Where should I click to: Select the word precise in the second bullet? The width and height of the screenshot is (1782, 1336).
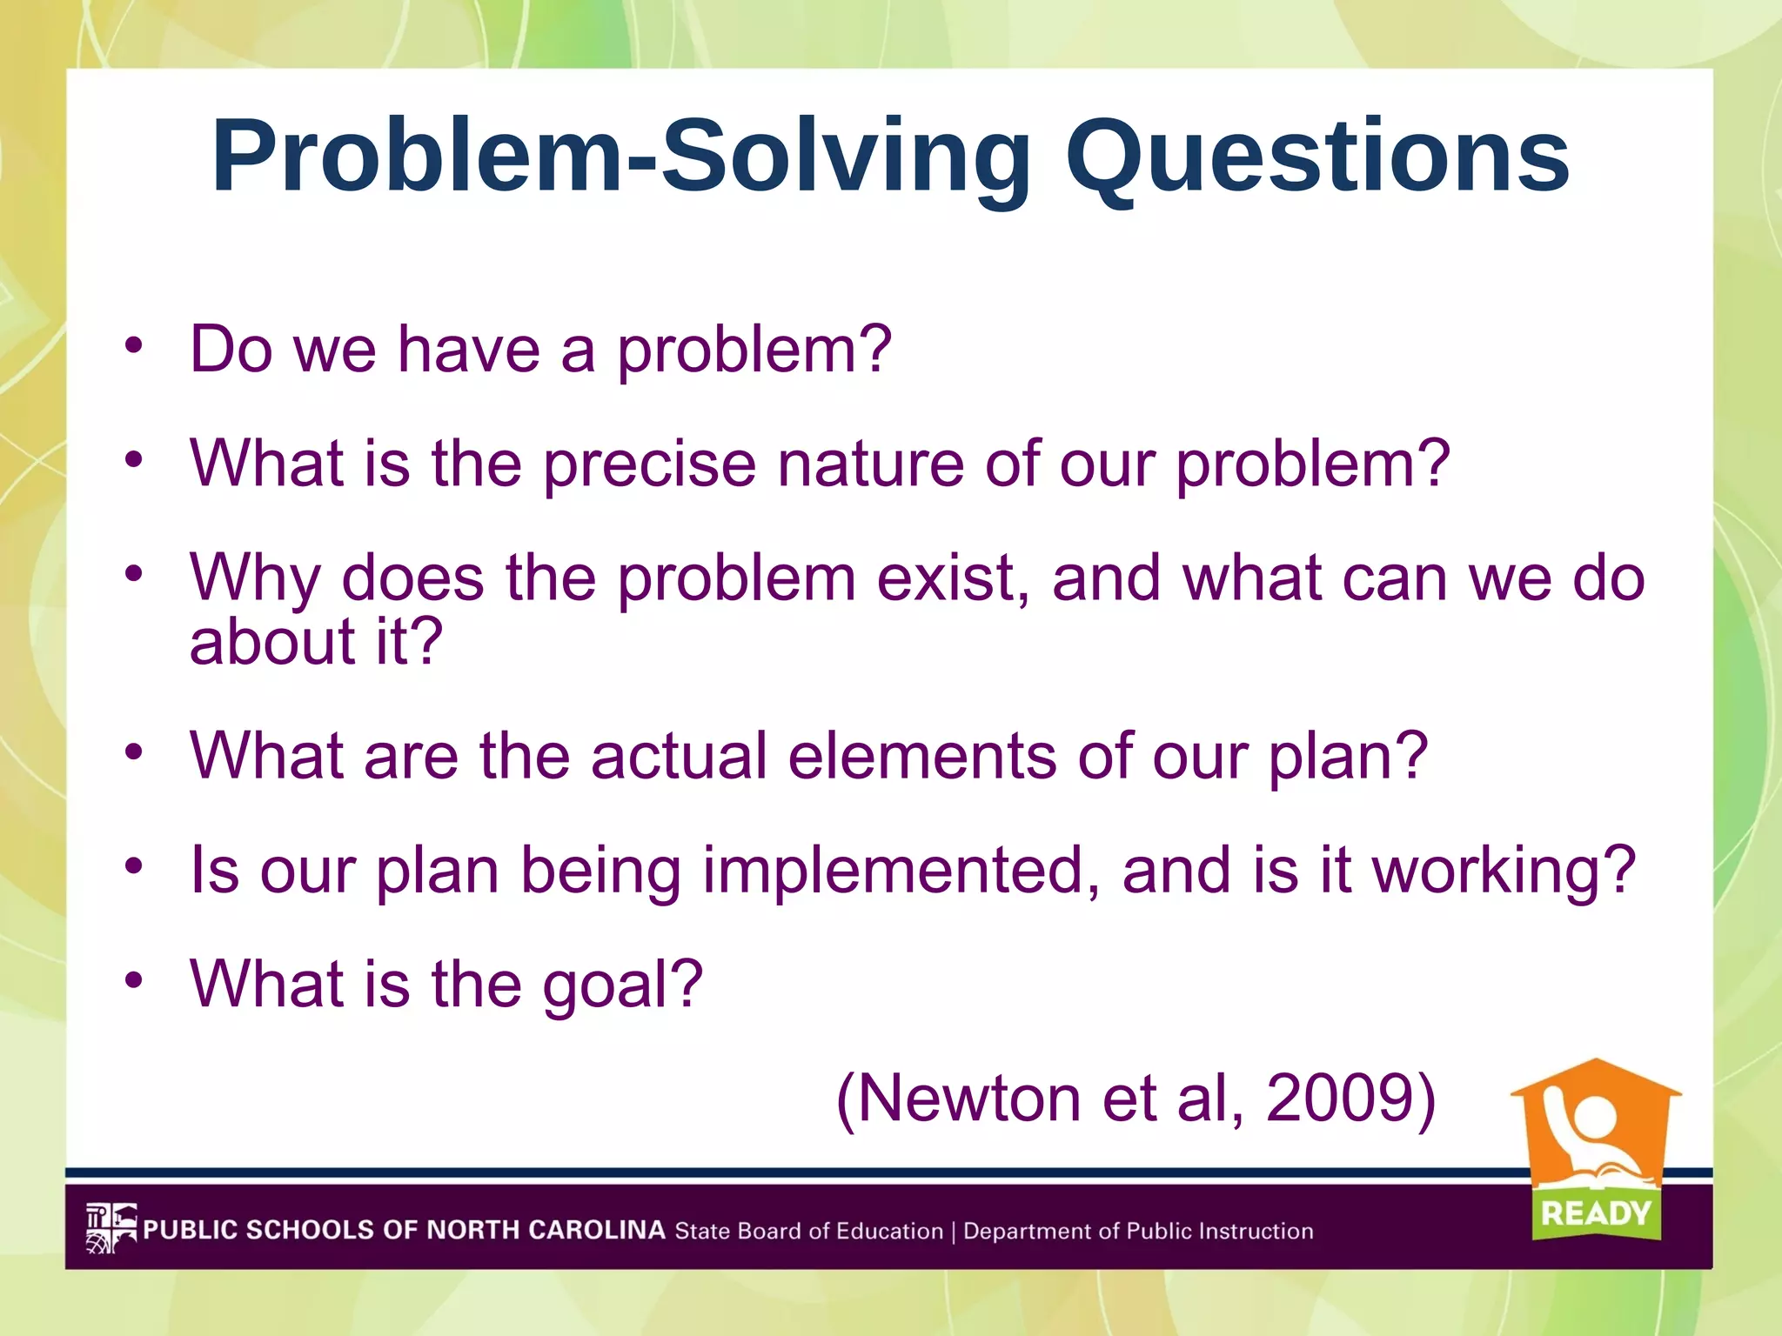[649, 464]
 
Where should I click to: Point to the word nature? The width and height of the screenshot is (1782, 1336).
[869, 464]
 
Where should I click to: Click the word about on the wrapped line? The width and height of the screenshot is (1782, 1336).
[271, 643]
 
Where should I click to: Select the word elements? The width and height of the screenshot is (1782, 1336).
[921, 756]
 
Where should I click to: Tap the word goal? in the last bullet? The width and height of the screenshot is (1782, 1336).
[622, 985]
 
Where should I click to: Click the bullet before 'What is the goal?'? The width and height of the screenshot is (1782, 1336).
[132, 981]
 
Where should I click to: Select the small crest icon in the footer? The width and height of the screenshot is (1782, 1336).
[111, 1228]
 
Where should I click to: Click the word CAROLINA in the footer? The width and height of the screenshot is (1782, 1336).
[596, 1230]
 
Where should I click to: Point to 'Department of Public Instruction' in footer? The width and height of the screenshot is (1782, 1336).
[1137, 1231]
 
